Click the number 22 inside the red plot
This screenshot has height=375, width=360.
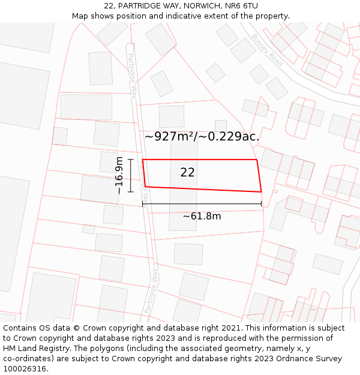pos(187,173)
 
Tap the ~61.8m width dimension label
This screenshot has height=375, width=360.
pos(202,216)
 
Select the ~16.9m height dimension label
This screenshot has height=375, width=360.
pos(119,175)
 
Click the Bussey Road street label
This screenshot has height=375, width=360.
pos(267,49)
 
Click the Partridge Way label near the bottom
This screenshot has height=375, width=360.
pos(151,290)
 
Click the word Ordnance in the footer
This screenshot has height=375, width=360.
pos(298,359)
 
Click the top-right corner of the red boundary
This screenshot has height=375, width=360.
pos(257,160)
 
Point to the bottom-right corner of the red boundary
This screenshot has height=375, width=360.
pos(261,192)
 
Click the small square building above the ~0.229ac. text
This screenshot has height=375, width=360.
pos(221,125)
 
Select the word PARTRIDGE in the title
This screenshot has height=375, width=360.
pos(139,6)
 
